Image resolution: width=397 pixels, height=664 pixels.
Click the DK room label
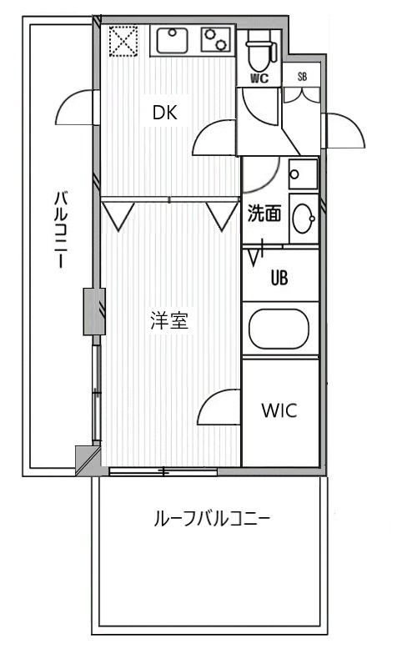pos(164,113)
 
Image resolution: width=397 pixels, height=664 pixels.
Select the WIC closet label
pos(279,411)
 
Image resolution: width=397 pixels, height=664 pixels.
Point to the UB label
pos(279,278)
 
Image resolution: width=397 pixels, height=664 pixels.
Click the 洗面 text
pos(263,214)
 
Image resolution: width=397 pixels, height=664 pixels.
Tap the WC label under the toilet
pos(259,79)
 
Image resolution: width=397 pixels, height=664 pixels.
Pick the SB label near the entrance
pos(302,77)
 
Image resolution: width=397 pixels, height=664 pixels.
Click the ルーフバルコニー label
pos(211,520)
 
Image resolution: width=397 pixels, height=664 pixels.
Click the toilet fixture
pos(259,51)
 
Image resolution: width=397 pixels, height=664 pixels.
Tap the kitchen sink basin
pos(173,40)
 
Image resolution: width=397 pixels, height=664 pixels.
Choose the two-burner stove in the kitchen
pos(216,40)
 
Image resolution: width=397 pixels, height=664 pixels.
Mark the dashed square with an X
pos(123,40)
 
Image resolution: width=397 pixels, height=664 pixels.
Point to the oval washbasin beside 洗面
pos(303,219)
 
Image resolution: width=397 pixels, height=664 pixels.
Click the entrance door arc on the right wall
pos(345,130)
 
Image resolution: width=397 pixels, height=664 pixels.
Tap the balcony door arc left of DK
pos(78,108)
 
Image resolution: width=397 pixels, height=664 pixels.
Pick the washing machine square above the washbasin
pos(302,174)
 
